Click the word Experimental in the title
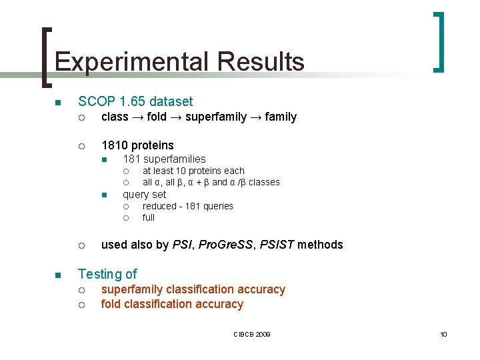click(132, 62)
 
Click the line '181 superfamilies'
click(164, 159)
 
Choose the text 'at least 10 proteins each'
click(193, 171)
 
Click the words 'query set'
click(144, 194)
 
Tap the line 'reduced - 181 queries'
click(187, 206)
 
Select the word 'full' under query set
click(148, 217)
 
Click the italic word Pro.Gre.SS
click(227, 245)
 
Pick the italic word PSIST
click(278, 245)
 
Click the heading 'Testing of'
click(107, 274)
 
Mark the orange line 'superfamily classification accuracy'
click(193, 289)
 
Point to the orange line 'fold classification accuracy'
click(172, 304)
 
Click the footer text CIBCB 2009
click(251, 333)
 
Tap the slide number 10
click(443, 333)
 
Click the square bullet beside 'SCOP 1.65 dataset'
click(58, 102)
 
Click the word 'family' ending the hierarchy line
click(281, 117)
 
